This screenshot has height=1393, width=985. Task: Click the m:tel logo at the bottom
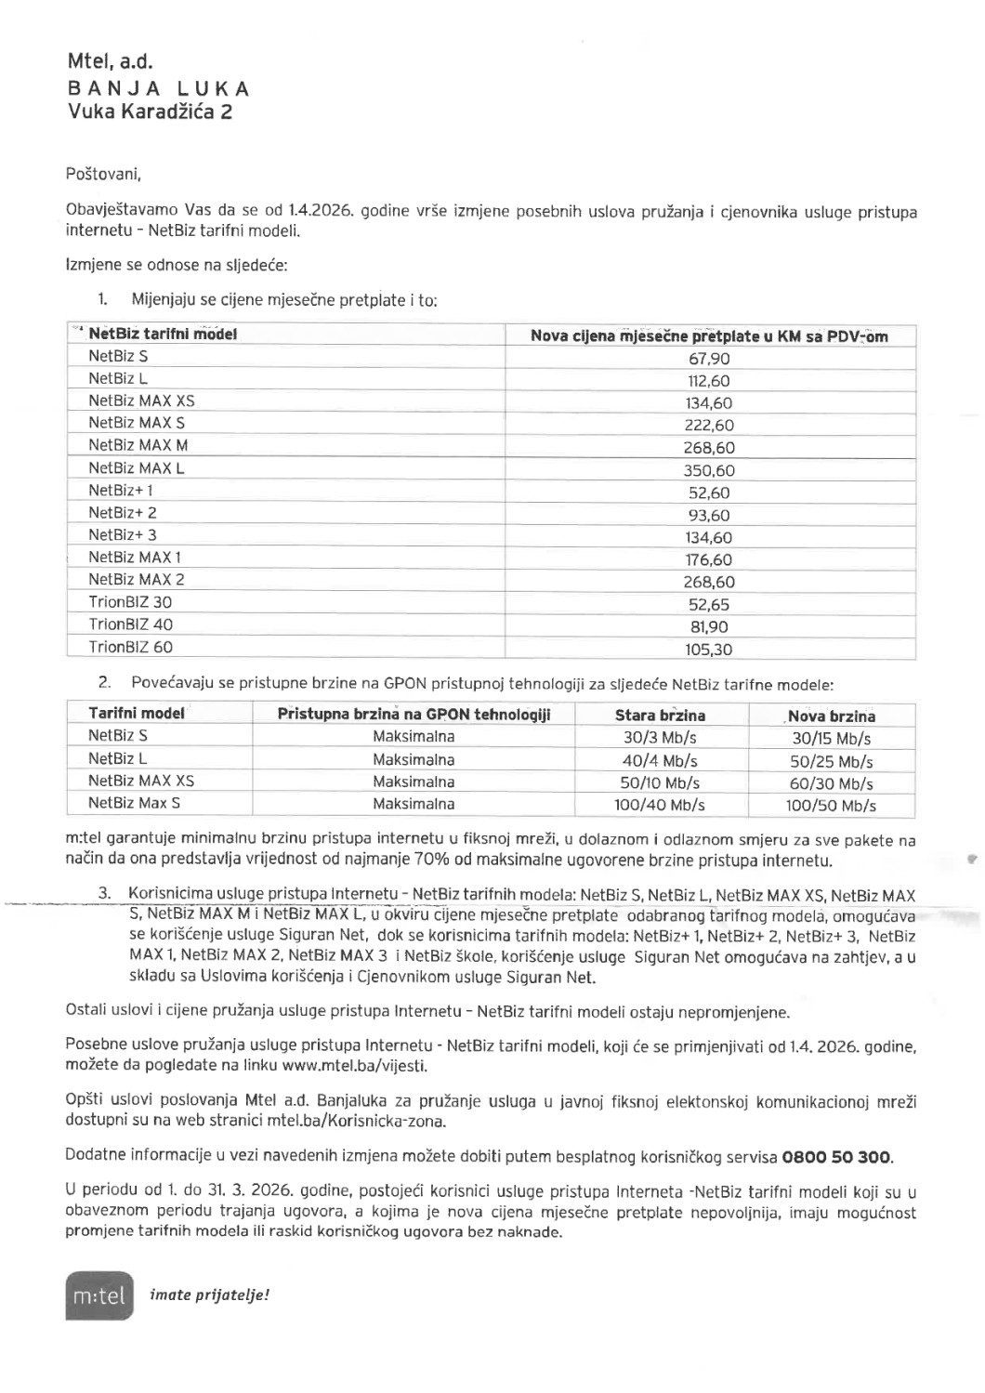(x=99, y=1295)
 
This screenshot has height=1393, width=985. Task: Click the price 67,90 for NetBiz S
(x=709, y=359)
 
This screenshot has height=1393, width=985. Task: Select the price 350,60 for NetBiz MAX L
(x=709, y=470)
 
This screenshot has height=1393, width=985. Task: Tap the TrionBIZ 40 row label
(x=130, y=624)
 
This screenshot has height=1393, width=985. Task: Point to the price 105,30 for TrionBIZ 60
(x=709, y=650)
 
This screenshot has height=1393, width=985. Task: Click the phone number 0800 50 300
(x=836, y=1157)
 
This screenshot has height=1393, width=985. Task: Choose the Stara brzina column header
(x=660, y=716)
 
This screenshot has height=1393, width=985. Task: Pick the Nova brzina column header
(x=831, y=716)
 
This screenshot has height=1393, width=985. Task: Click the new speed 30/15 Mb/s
(x=831, y=739)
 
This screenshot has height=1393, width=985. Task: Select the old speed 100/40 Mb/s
(x=660, y=805)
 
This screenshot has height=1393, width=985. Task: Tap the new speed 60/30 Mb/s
(x=831, y=783)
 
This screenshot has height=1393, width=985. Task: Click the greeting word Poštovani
(x=103, y=174)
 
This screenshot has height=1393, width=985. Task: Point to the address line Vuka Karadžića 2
(x=150, y=112)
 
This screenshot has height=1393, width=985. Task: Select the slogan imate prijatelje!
(x=209, y=1294)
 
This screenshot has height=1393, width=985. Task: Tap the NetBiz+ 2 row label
(x=123, y=513)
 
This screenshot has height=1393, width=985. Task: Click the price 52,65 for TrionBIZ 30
(x=709, y=605)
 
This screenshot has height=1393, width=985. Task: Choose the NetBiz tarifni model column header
(x=163, y=334)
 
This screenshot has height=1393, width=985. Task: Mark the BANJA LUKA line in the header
(x=159, y=89)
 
